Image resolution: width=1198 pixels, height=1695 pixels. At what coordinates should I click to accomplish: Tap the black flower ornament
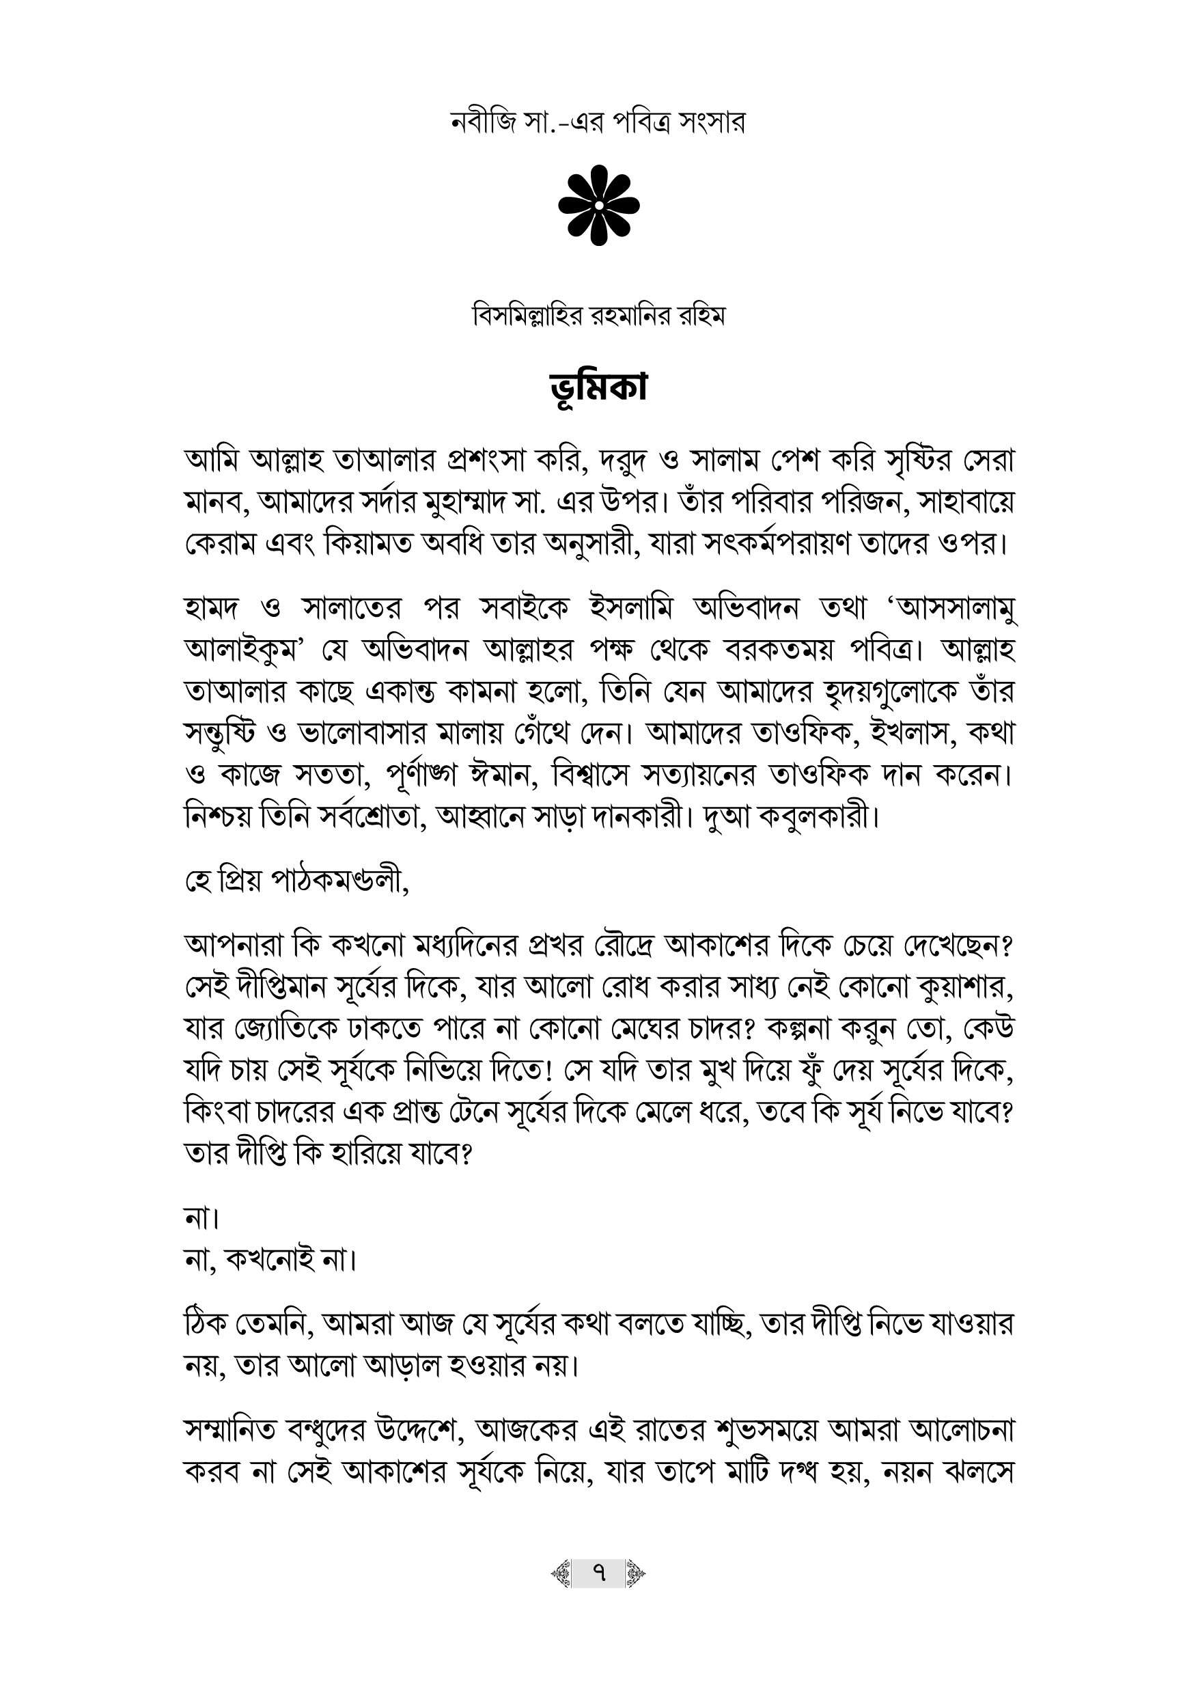point(598,204)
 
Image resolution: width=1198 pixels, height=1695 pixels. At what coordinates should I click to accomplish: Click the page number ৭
point(598,1573)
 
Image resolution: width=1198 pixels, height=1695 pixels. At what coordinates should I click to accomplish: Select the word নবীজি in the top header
point(482,122)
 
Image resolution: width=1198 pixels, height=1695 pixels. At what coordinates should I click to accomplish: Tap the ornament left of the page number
point(561,1573)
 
